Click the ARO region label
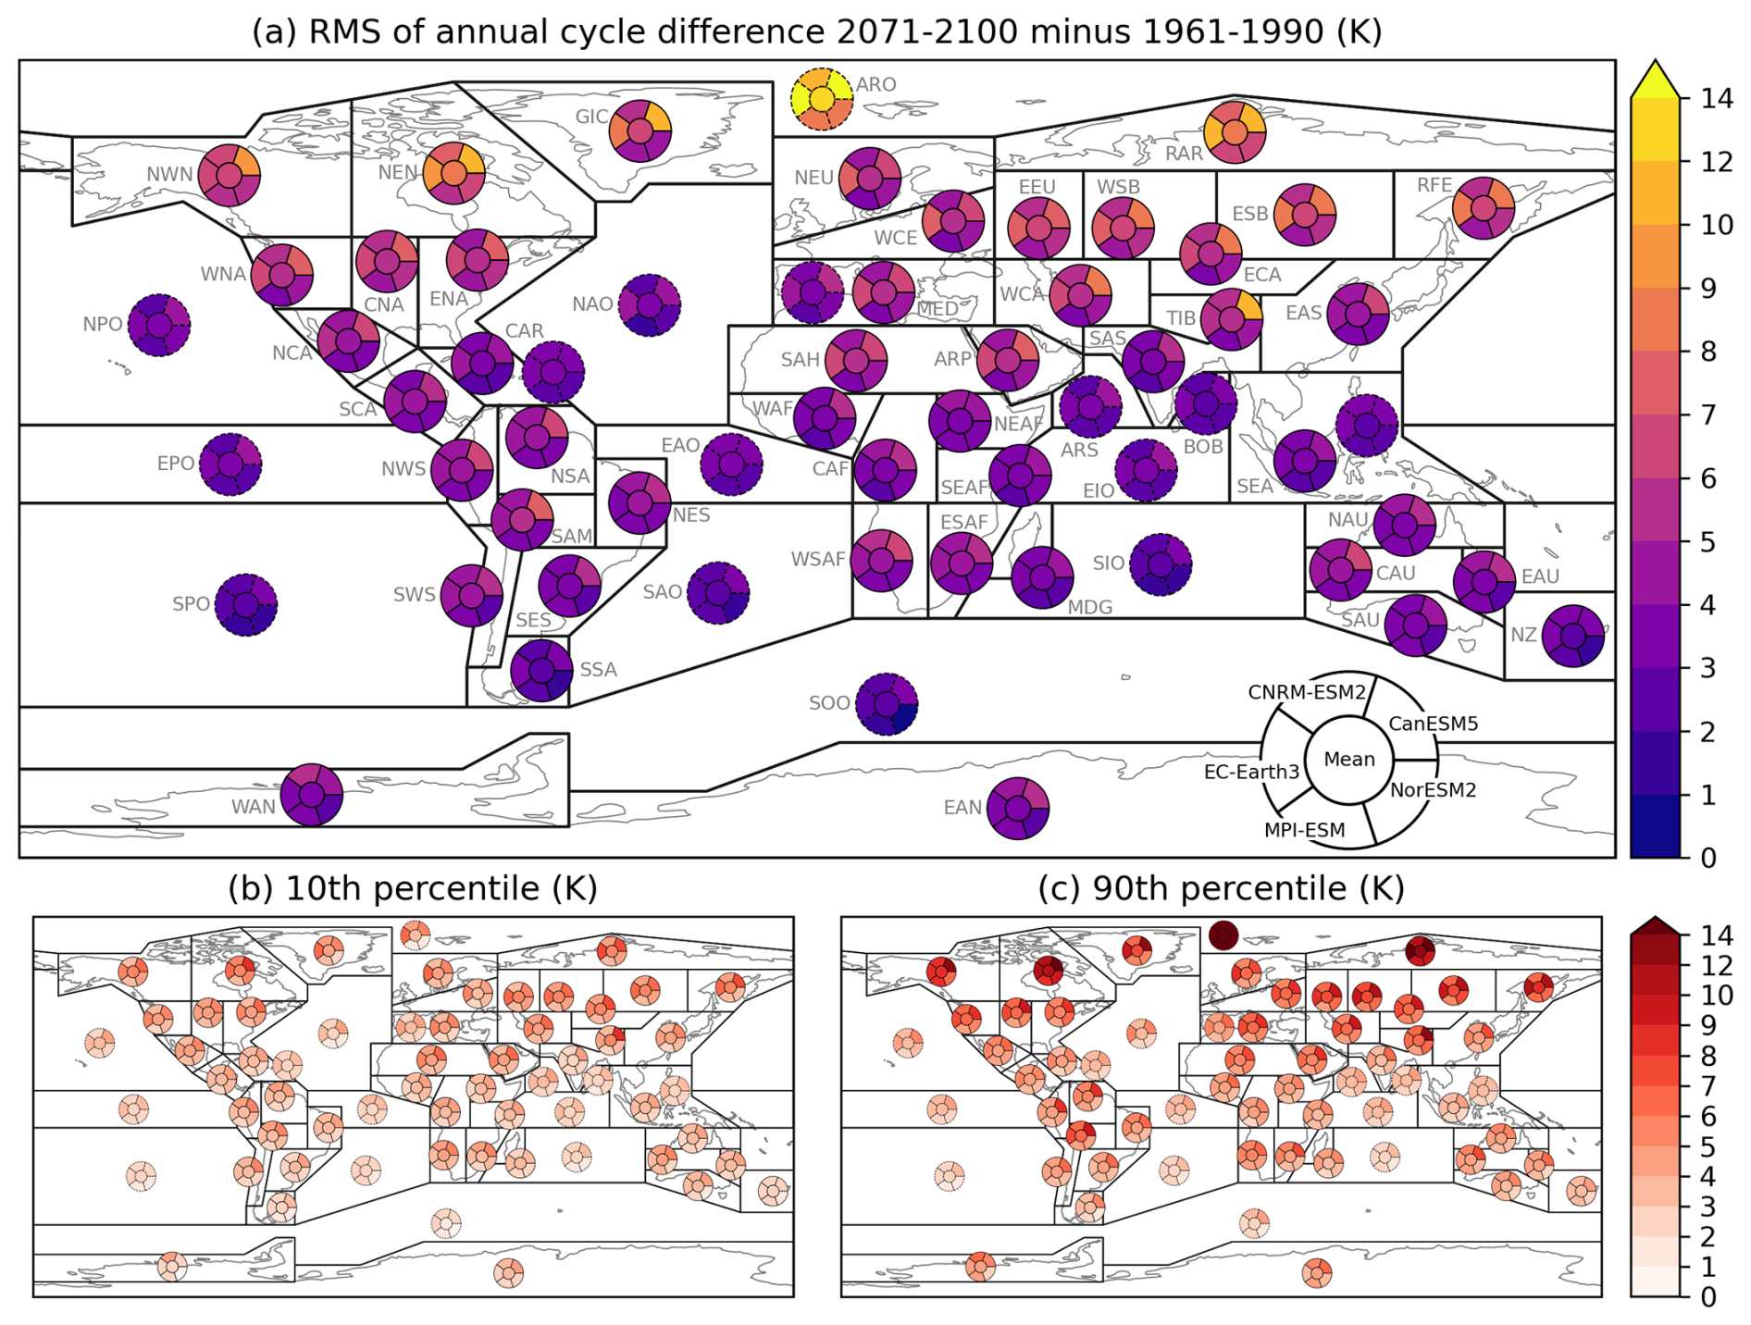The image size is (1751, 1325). point(875,85)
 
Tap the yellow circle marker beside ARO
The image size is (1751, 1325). point(821,99)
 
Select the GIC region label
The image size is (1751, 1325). point(591,118)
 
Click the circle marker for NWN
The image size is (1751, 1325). point(229,174)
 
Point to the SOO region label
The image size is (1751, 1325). point(828,703)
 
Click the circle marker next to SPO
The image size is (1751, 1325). point(245,605)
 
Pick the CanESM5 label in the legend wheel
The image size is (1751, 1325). point(1433,724)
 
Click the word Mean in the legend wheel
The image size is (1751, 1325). point(1348,760)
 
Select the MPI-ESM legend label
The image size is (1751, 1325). point(1304,831)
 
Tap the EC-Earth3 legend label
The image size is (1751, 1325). point(1251,772)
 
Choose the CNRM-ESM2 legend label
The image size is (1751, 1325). point(1306,693)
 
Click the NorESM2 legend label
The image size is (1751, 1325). point(1433,790)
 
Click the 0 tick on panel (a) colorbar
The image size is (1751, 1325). point(1708,858)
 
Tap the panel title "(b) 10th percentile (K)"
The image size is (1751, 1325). point(412,888)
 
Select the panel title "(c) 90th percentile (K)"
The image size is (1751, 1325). point(1221,888)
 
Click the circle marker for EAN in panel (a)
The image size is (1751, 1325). point(1017,809)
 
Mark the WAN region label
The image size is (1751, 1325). point(253,807)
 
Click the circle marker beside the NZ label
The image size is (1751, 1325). point(1572,636)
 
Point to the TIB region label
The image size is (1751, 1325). point(1180,318)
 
